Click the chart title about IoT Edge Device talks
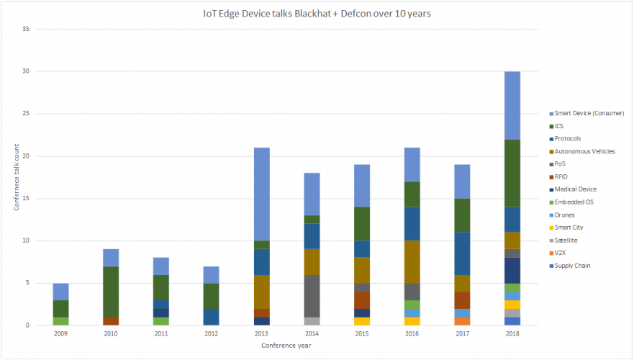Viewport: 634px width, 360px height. (x=317, y=13)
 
